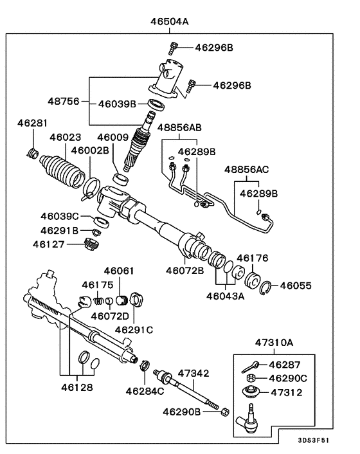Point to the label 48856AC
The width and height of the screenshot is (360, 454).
click(x=247, y=170)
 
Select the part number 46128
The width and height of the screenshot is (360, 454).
click(x=77, y=388)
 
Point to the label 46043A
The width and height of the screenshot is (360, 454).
click(x=225, y=296)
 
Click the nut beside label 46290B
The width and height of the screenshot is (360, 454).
click(x=225, y=410)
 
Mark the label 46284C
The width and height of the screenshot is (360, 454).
click(x=145, y=391)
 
